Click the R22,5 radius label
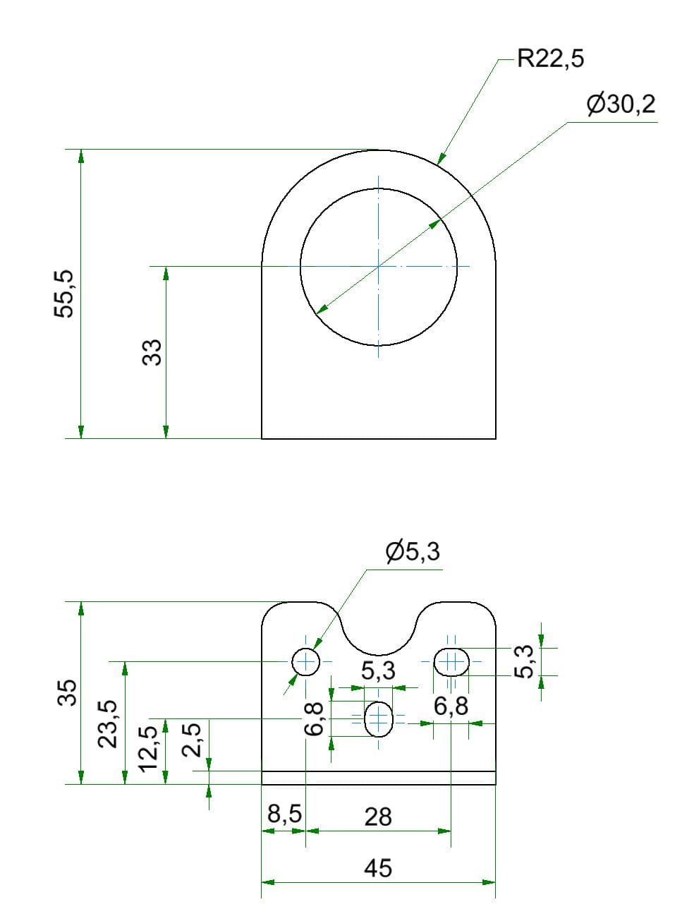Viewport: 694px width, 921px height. point(551,59)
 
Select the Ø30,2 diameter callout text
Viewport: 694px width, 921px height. point(621,104)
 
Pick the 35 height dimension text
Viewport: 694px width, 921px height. point(66,692)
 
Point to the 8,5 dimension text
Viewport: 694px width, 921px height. point(285,814)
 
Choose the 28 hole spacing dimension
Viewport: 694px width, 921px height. point(378,817)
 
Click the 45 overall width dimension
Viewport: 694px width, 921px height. point(378,867)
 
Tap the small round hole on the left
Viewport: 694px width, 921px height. point(306,661)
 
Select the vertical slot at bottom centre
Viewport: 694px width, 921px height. point(379,718)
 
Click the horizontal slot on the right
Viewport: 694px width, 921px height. point(451,661)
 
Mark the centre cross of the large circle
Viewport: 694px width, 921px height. point(379,266)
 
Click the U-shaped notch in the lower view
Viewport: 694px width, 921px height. point(379,632)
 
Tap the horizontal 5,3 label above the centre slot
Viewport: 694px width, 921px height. point(379,672)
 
